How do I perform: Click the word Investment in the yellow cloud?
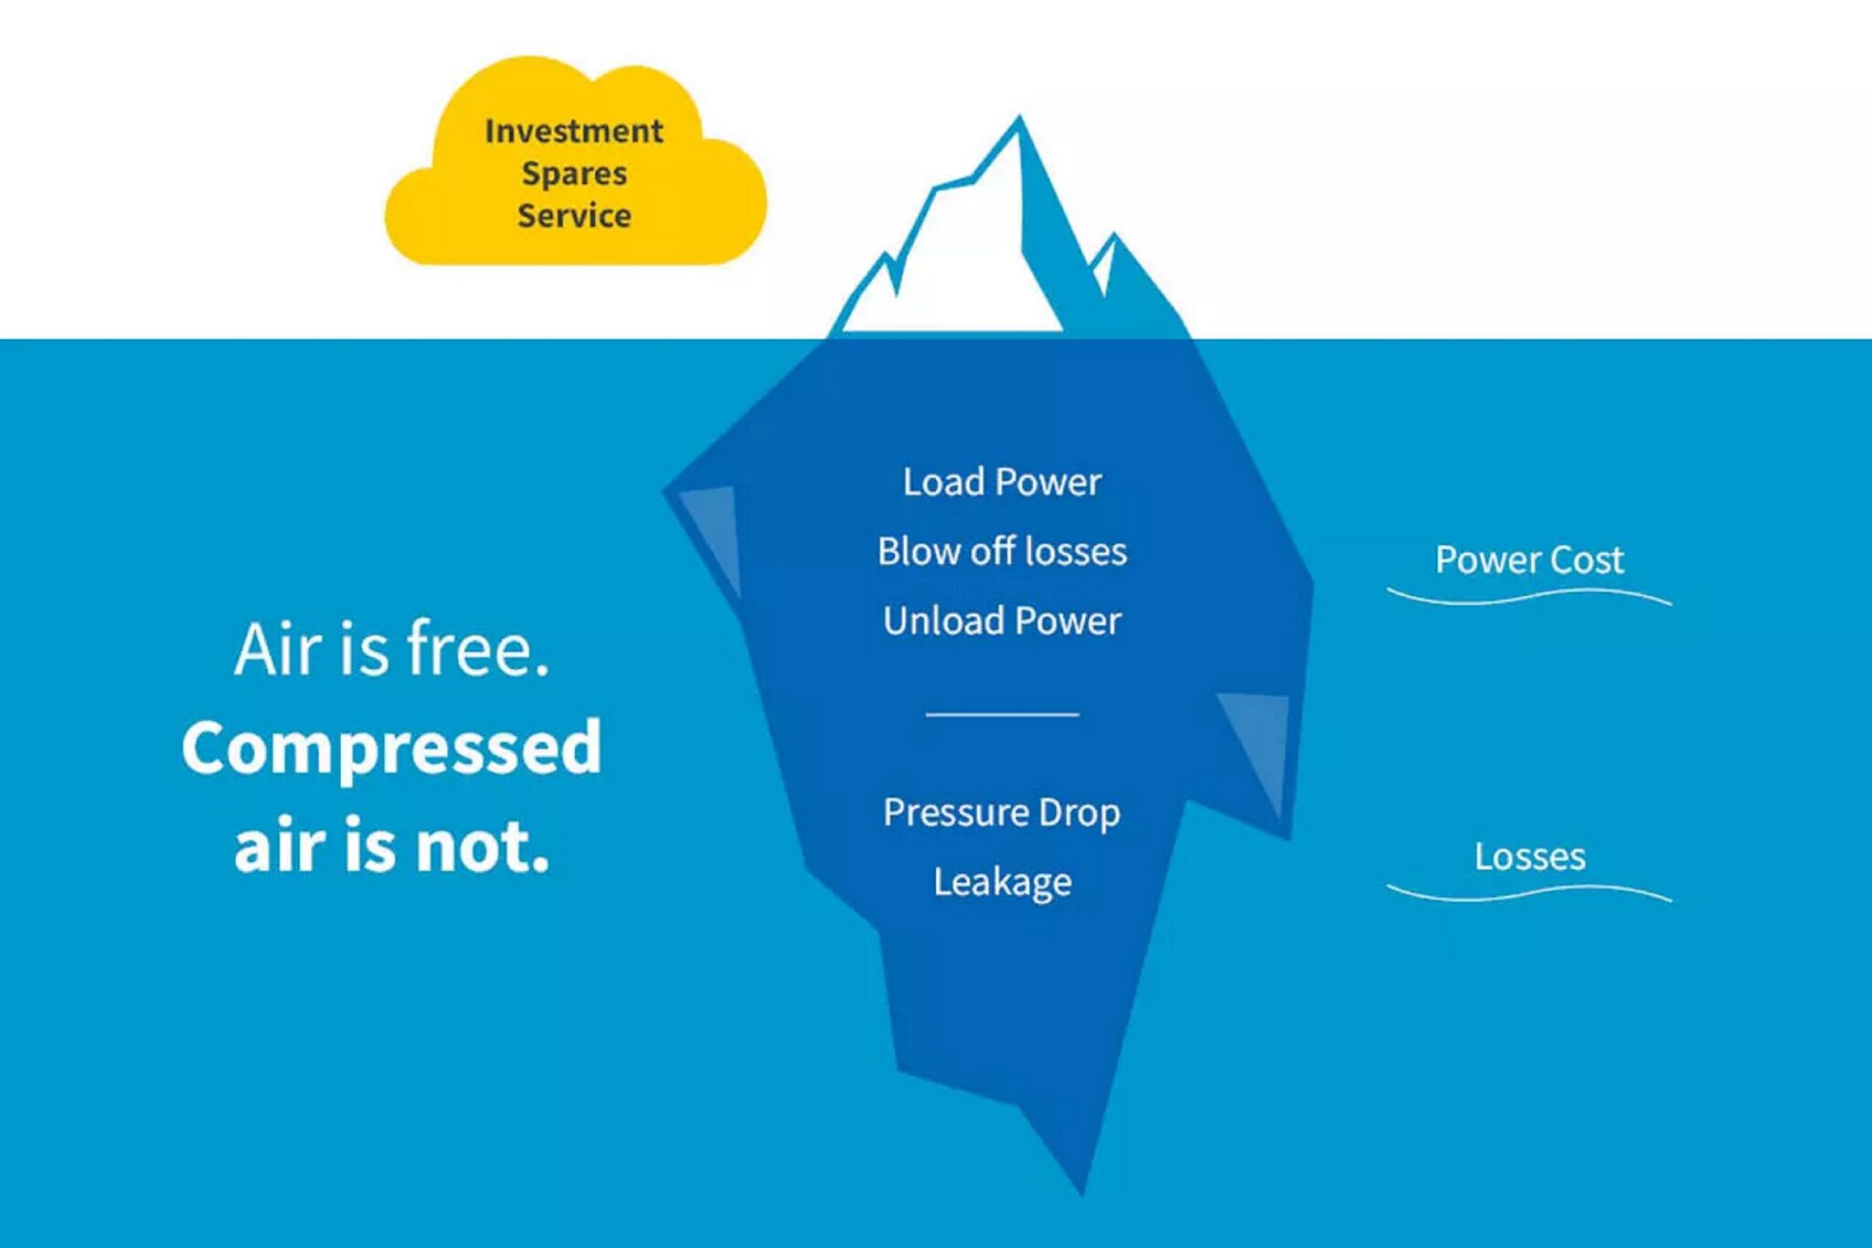(x=573, y=131)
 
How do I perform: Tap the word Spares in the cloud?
(x=574, y=174)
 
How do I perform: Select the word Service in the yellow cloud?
(x=574, y=216)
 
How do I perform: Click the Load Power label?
(x=1002, y=482)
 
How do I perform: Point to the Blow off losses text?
(x=1002, y=551)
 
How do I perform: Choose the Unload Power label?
(x=1002, y=621)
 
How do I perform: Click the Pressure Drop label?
(x=1002, y=812)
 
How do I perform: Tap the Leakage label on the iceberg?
(x=1002, y=881)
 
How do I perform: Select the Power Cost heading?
(x=1529, y=560)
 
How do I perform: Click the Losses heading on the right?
(x=1529, y=857)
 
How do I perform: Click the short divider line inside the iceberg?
(x=1002, y=714)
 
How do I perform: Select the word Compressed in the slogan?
(x=391, y=747)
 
